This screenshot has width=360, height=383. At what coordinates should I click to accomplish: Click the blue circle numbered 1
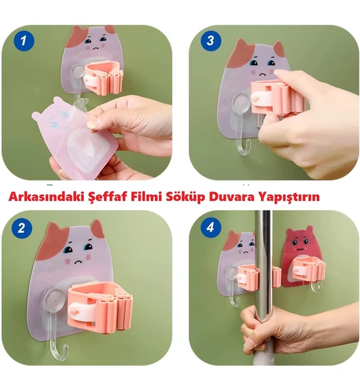coord(23,41)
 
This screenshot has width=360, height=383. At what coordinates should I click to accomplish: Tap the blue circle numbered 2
coord(22,228)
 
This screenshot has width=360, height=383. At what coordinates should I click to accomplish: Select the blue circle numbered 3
coord(211,41)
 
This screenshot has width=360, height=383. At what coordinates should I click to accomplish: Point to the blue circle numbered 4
coord(211,228)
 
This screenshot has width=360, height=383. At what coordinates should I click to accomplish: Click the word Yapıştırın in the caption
coord(288,197)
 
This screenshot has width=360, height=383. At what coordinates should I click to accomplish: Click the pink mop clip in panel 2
coord(100,307)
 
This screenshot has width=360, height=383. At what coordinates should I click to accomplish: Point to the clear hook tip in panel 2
coord(66,346)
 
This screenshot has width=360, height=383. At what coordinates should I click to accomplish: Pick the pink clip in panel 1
coord(103,78)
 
